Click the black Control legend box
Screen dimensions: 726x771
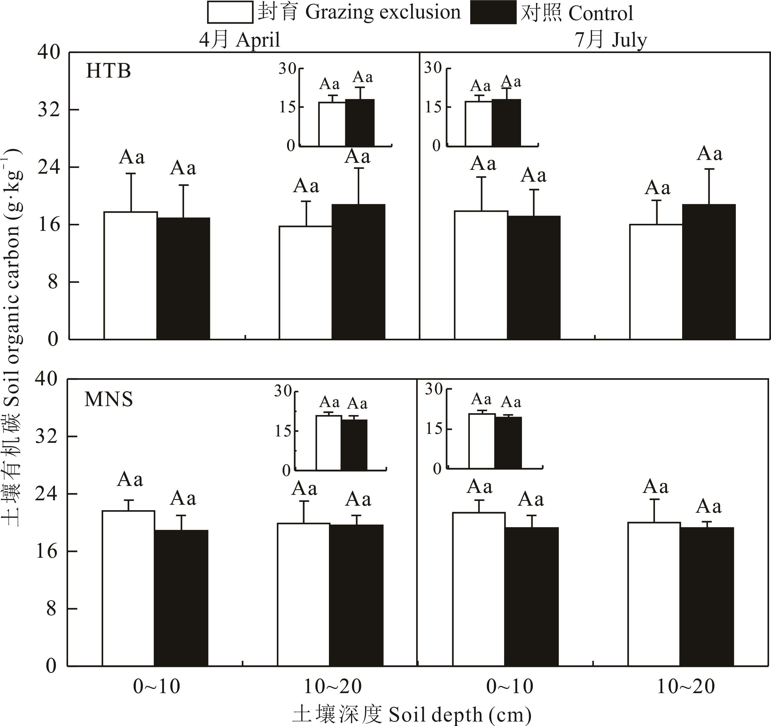[493, 13]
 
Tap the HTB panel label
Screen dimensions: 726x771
[108, 71]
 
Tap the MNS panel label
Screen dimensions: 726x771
[108, 399]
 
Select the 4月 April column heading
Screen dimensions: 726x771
[239, 40]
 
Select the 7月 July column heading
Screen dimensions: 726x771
[611, 40]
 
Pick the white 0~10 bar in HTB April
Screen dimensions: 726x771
[130, 276]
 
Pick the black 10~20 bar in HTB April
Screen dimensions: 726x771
[358, 272]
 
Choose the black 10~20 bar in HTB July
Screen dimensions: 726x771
[709, 272]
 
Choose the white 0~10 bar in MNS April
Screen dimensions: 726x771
[128, 588]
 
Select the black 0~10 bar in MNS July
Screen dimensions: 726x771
[531, 597]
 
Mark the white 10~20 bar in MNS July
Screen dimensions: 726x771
[654, 594]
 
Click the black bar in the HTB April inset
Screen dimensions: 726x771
[360, 123]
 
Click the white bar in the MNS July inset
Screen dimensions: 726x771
[482, 442]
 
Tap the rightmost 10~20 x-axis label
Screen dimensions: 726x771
[685, 686]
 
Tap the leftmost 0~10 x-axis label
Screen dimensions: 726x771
[156, 686]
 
